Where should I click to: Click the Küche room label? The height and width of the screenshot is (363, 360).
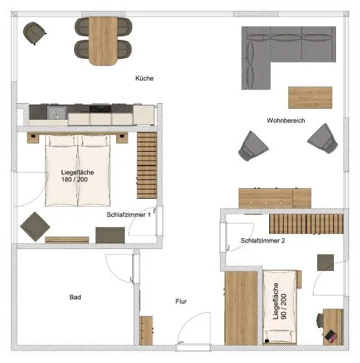click(144, 78)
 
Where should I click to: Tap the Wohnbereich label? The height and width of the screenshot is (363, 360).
click(286, 121)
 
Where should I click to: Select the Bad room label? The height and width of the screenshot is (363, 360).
click(75, 297)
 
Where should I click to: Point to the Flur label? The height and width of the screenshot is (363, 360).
click(181, 301)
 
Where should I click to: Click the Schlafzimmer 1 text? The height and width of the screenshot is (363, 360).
click(128, 215)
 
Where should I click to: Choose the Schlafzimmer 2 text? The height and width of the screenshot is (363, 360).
click(263, 240)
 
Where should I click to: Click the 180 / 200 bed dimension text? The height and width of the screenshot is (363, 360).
click(75, 179)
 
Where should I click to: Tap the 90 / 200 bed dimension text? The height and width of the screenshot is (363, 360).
click(284, 306)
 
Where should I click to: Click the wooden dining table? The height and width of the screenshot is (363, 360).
click(103, 41)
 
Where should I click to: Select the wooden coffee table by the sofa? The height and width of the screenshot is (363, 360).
click(310, 97)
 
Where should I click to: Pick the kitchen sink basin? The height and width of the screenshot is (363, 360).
click(57, 113)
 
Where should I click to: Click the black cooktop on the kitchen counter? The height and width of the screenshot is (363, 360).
click(100, 109)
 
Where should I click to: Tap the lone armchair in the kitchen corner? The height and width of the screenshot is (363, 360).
click(35, 33)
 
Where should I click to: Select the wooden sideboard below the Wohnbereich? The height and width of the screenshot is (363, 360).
click(274, 198)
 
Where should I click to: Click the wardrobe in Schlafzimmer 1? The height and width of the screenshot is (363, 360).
click(147, 166)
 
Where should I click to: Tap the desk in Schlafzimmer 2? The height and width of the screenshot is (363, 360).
click(333, 327)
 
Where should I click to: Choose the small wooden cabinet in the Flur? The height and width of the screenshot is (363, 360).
click(146, 330)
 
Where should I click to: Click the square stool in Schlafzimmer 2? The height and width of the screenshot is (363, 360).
click(325, 262)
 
